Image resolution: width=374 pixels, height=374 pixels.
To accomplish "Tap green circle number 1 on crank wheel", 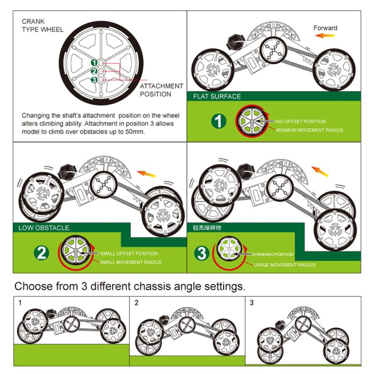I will click(94, 62).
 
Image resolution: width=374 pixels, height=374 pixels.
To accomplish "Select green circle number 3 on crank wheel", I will click(94, 80).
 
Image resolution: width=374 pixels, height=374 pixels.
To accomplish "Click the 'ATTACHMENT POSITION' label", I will click(161, 90).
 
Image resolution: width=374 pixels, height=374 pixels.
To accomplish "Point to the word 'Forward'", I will click(325, 28).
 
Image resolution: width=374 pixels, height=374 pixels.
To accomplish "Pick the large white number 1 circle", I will click(218, 122).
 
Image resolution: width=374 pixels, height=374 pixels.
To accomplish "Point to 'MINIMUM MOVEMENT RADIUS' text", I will click(309, 130).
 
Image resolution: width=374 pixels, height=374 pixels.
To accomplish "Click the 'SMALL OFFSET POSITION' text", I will click(129, 254).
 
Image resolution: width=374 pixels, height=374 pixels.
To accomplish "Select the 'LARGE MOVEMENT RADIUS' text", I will click(284, 265).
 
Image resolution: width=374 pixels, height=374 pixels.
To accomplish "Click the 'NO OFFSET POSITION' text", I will click(301, 121).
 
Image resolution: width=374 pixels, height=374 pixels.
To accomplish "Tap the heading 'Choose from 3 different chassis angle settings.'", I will click(129, 286).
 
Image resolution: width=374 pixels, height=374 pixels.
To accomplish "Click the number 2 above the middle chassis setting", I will click(137, 303).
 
